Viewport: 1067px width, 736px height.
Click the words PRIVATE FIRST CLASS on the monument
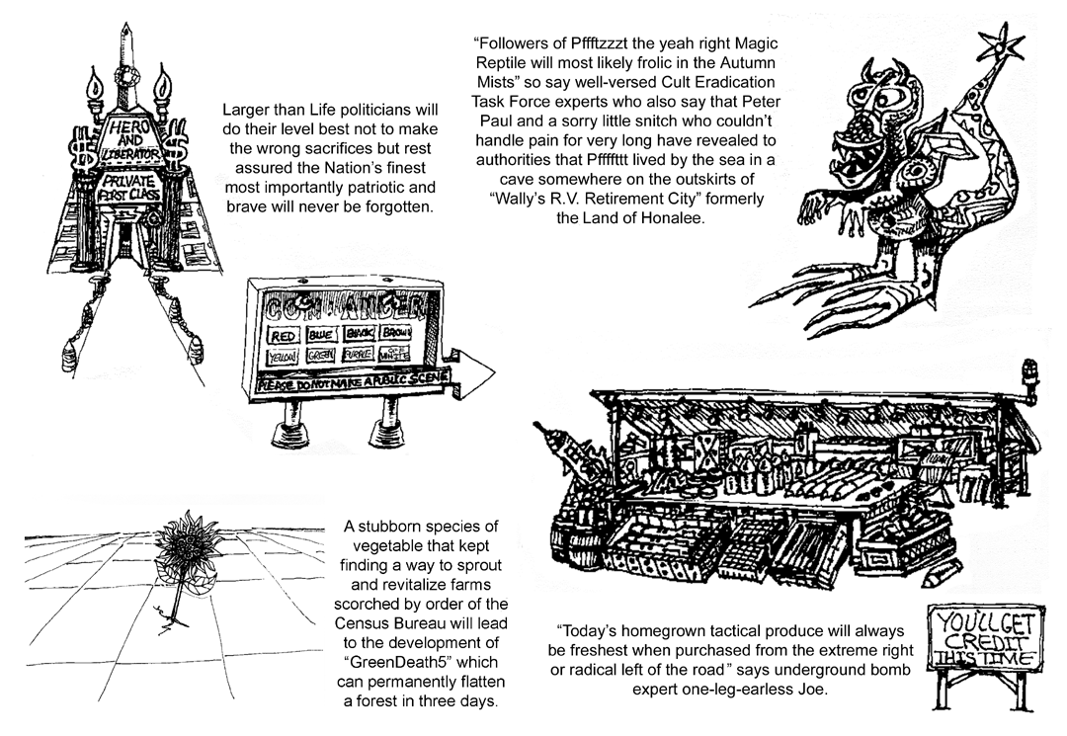125,189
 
